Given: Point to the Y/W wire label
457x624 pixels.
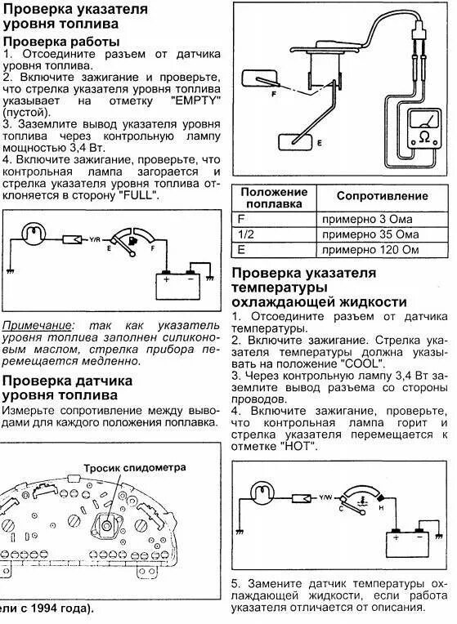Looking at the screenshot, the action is (x=325, y=498).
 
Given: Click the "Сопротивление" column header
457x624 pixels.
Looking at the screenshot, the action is (x=382, y=196).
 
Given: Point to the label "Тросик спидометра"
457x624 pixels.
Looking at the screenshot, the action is (x=134, y=467).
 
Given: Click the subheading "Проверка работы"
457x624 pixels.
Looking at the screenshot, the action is (x=61, y=41).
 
